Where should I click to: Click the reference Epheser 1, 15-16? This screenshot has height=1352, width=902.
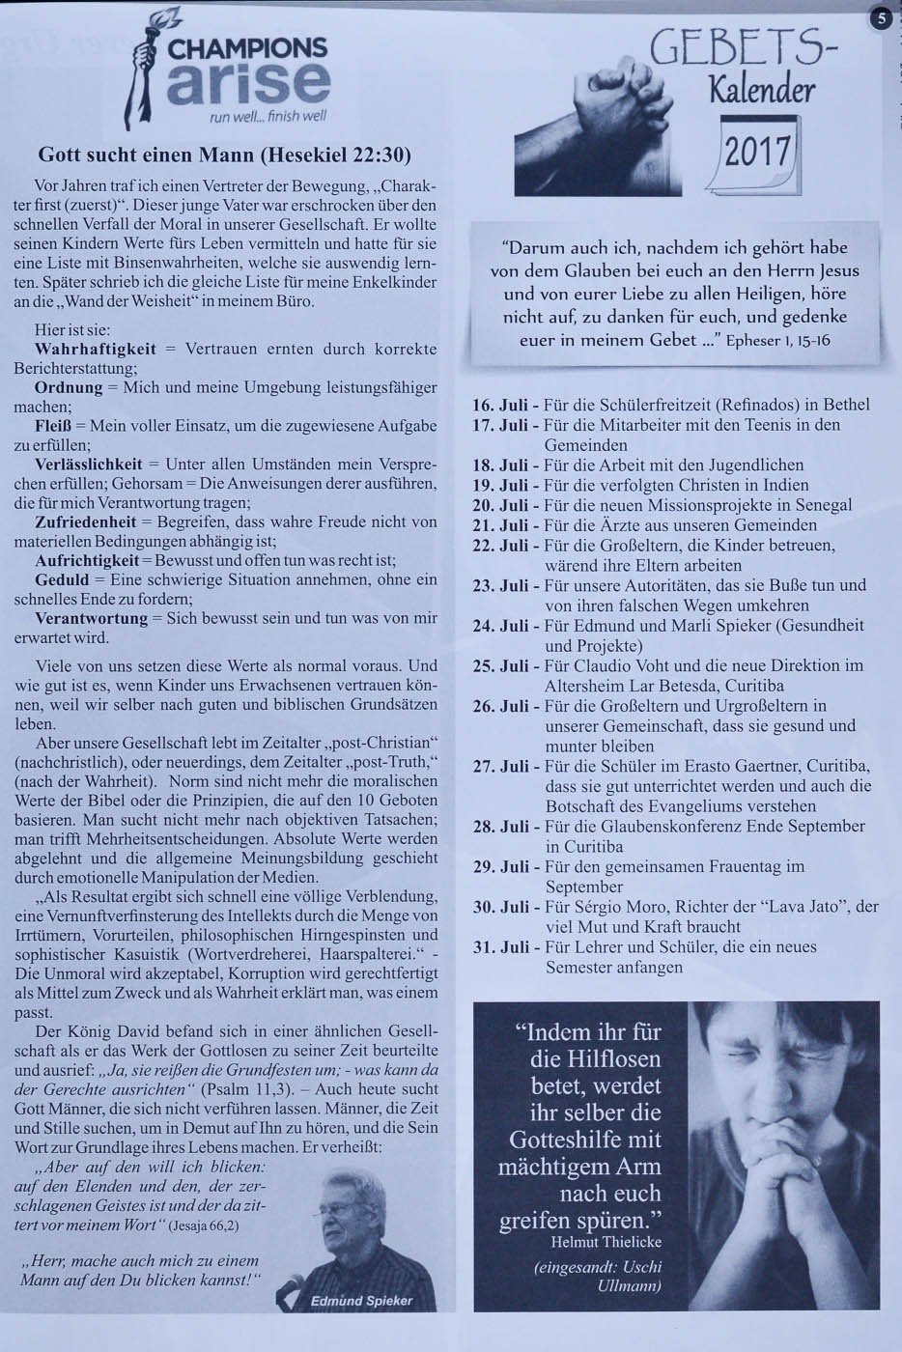[x=777, y=341]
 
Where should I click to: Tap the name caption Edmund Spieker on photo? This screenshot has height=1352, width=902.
[x=361, y=1301]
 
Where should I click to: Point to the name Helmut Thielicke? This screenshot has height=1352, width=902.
[x=606, y=1241]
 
